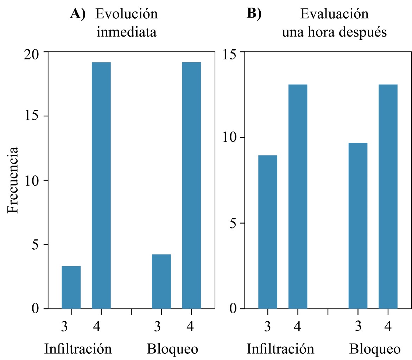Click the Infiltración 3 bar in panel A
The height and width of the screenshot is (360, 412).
71,287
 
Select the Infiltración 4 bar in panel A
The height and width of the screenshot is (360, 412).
101,185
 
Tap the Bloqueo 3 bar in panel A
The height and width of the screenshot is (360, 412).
161,281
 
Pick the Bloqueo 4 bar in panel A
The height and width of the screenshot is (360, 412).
191,185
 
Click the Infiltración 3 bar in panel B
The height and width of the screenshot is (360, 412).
267,232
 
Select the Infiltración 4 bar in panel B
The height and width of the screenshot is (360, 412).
298,197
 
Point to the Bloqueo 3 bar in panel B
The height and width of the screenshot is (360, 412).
358,226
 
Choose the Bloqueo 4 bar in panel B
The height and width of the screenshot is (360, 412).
388,197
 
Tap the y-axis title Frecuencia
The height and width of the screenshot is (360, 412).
13,180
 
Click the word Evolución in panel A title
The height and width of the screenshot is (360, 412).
127,14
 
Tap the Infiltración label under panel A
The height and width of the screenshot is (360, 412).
78,349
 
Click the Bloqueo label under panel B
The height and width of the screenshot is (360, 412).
375,349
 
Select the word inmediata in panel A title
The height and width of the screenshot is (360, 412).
127,32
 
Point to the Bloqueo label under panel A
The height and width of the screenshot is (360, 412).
172,349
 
